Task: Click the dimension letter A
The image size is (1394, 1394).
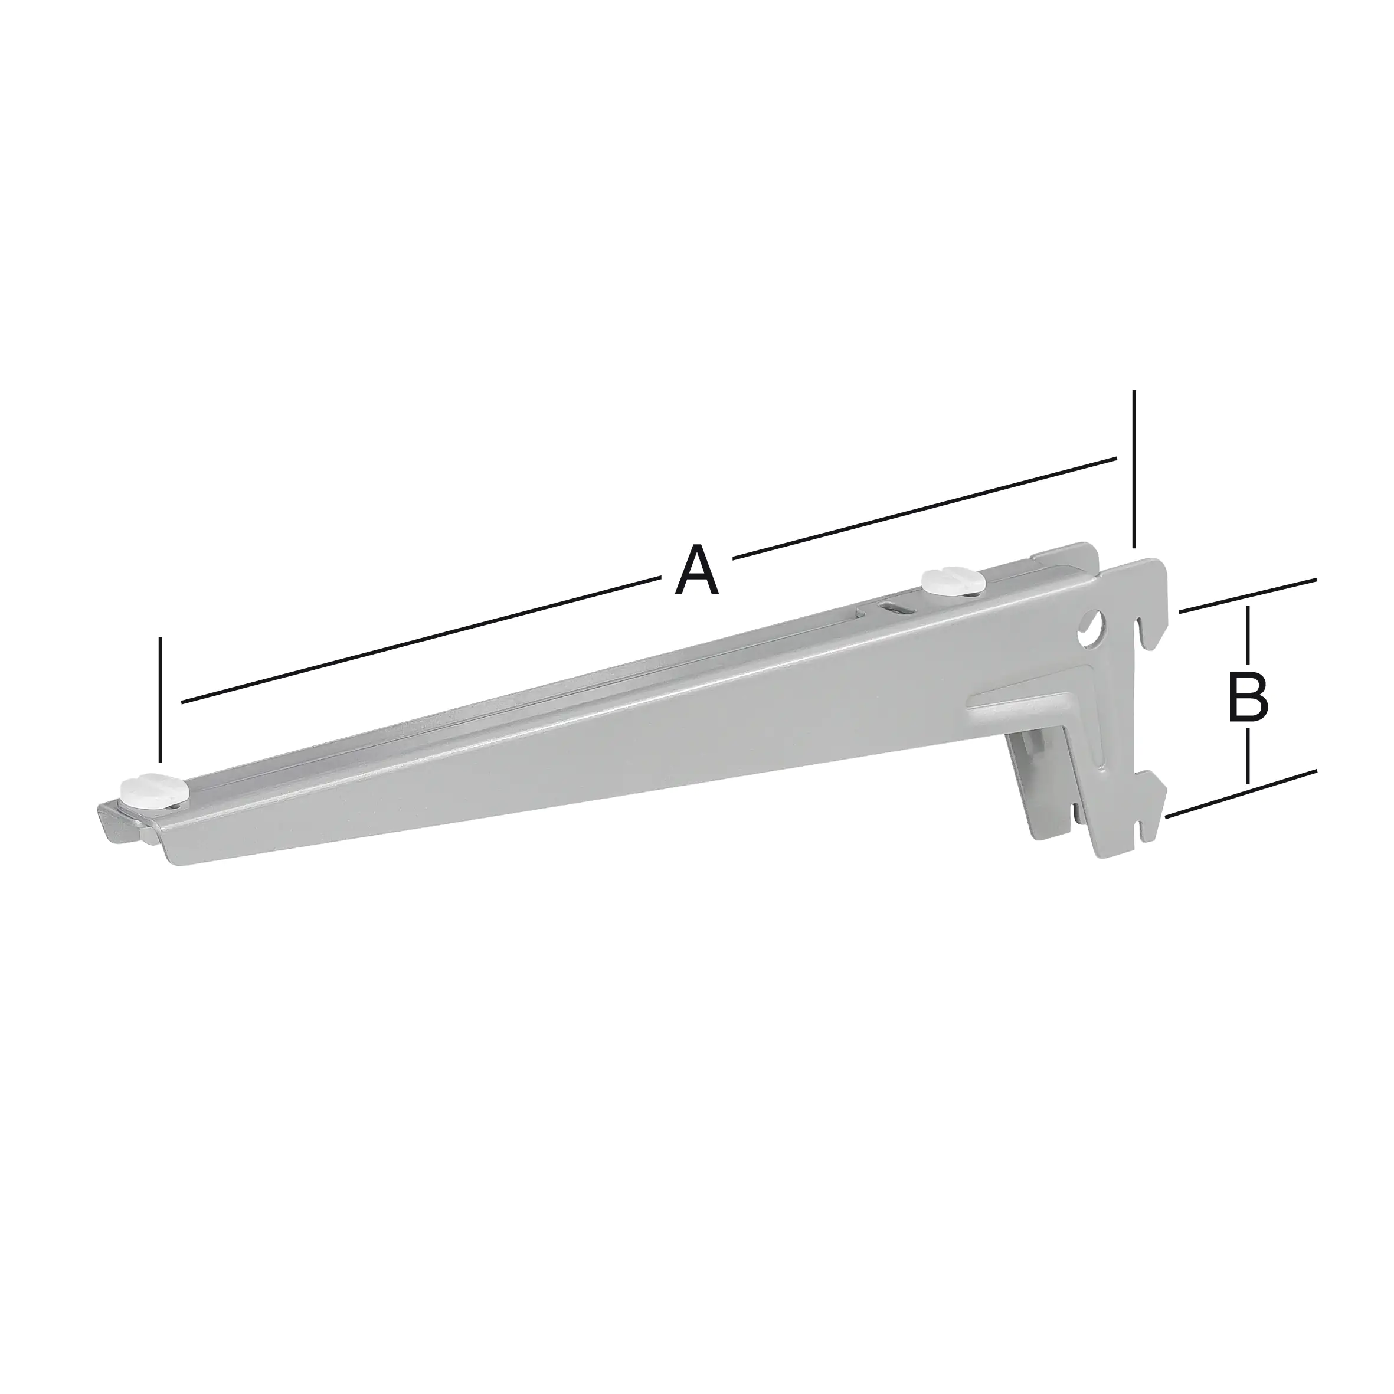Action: coord(697,571)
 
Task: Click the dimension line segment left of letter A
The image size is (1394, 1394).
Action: coord(418,643)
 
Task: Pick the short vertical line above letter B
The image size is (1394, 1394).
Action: coord(1248,639)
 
